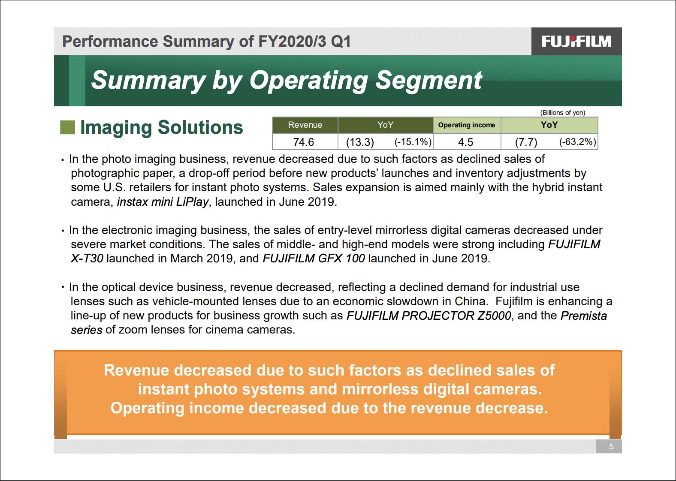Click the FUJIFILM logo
click(x=576, y=41)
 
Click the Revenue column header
click(x=305, y=125)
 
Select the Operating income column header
click(x=467, y=125)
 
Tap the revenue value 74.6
click(x=304, y=142)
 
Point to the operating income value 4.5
click(x=466, y=142)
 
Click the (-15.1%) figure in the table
click(x=413, y=141)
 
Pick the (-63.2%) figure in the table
click(x=578, y=141)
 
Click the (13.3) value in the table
click(x=360, y=142)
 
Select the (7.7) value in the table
click(x=526, y=142)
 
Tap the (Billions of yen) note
click(x=562, y=112)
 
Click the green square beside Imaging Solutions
click(x=68, y=127)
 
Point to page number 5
click(x=611, y=446)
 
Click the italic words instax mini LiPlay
click(x=163, y=201)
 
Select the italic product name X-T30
click(x=87, y=259)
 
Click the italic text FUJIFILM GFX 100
click(x=314, y=259)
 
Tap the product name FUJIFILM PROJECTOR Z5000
click(x=429, y=316)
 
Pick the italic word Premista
click(x=584, y=316)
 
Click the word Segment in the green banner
click(x=429, y=81)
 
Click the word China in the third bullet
click(x=471, y=301)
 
